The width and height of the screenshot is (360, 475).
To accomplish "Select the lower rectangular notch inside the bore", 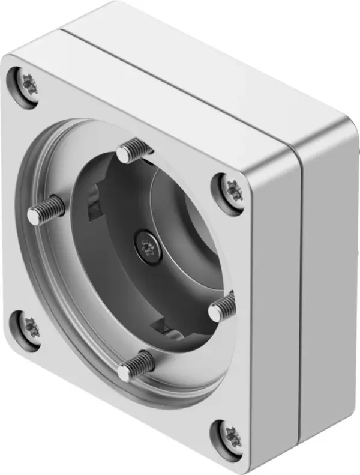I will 161,328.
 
